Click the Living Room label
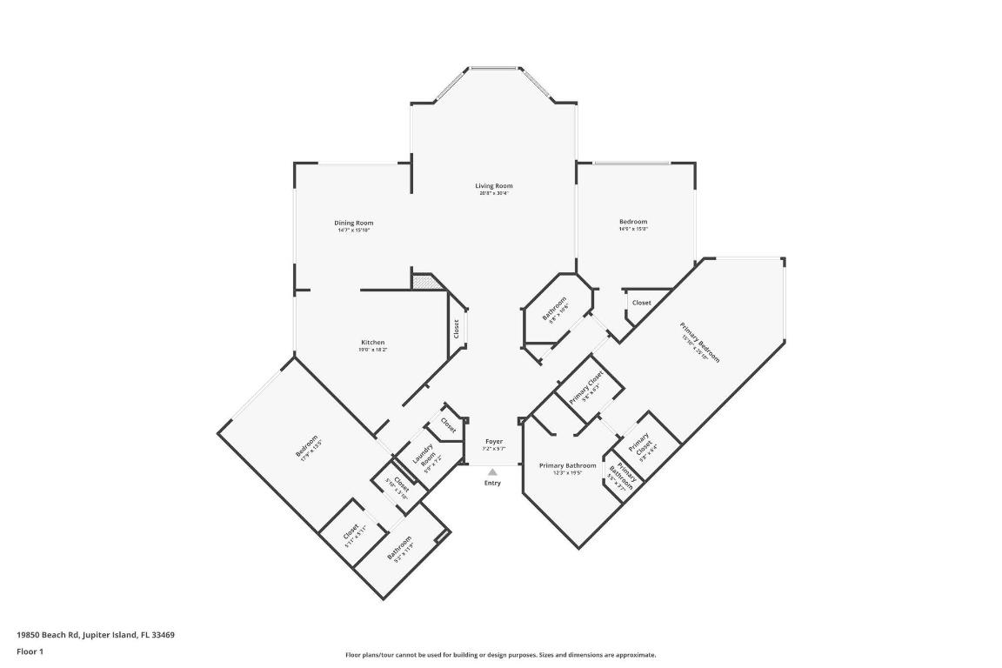pos(493,185)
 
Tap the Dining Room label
pos(354,223)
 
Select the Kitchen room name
pos(372,342)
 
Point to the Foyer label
pos(493,441)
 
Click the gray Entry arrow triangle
pos(492,471)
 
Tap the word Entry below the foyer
pos(492,483)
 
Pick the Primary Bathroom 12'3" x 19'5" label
pos(567,465)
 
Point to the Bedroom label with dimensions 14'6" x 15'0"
pos(632,222)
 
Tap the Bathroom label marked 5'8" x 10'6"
pos(555,311)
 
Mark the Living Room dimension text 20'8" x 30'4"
pos(493,193)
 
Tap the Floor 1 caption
pos(30,651)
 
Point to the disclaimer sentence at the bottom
pos(500,655)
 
